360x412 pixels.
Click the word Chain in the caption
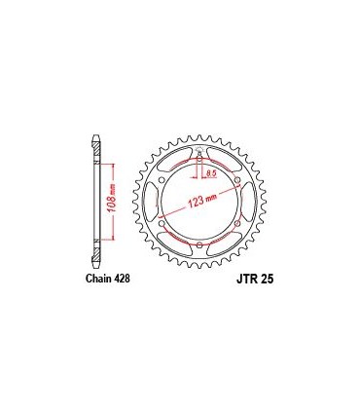point(91,278)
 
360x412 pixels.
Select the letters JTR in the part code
point(244,279)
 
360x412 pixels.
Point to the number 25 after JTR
point(269,279)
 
